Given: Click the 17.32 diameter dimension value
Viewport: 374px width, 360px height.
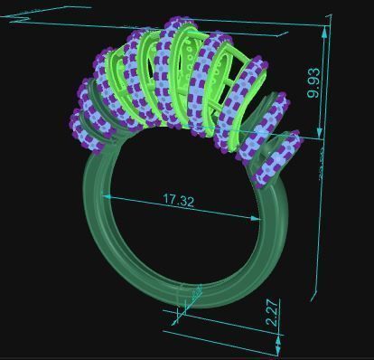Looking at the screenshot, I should [x=178, y=200].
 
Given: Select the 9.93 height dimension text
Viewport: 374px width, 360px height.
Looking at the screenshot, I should [x=313, y=81].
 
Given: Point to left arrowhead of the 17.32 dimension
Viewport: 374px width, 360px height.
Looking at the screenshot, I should [x=107, y=195].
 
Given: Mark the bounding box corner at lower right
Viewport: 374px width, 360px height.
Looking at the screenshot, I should [x=314, y=297].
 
